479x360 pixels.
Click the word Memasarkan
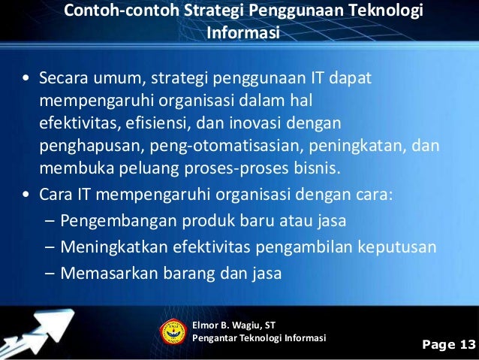coord(101,273)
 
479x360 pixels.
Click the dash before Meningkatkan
coord(50,247)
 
